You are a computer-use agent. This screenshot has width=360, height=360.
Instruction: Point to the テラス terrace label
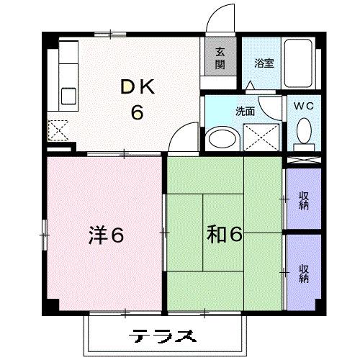(164, 336)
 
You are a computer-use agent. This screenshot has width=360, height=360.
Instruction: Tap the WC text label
(303, 106)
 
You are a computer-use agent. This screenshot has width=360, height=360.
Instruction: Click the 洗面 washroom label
(246, 112)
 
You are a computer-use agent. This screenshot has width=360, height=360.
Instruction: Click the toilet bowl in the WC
(303, 132)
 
